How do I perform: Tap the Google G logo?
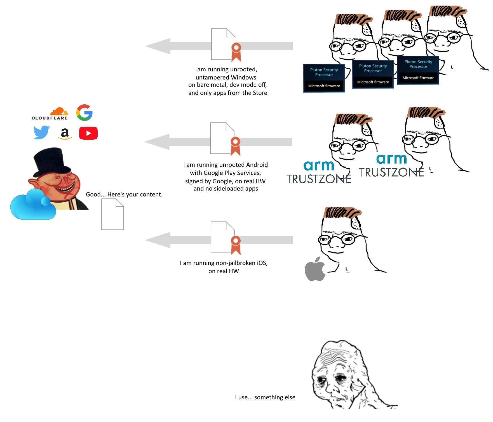(x=84, y=112)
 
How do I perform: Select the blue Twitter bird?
(x=41, y=132)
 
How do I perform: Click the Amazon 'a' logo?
(x=65, y=133)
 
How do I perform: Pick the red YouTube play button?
(x=88, y=133)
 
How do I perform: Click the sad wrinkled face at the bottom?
(x=340, y=375)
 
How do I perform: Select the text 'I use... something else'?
(x=265, y=397)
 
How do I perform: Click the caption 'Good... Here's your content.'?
(x=124, y=194)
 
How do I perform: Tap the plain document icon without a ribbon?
(x=112, y=214)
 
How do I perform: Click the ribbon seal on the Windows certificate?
(x=236, y=51)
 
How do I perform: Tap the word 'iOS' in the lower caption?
(x=261, y=263)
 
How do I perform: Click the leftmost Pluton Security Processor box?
(x=324, y=78)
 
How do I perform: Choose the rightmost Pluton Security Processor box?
(x=418, y=70)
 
